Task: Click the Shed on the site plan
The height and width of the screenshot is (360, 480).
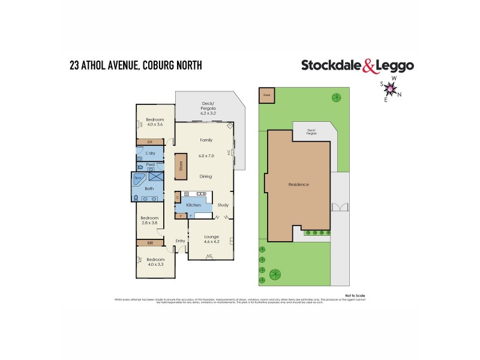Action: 266,96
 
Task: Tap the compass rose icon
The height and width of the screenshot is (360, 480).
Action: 391,89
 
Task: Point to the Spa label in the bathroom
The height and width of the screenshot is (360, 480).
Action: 137,178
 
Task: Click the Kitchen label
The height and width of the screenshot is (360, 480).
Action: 193,205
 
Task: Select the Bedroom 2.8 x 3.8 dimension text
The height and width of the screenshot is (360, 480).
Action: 149,223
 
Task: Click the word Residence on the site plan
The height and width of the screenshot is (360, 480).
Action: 298,184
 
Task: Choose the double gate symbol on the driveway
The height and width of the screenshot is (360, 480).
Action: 340,208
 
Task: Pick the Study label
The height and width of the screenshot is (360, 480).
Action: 223,205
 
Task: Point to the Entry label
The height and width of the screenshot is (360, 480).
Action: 180,241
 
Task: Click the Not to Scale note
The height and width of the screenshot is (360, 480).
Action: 355,296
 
